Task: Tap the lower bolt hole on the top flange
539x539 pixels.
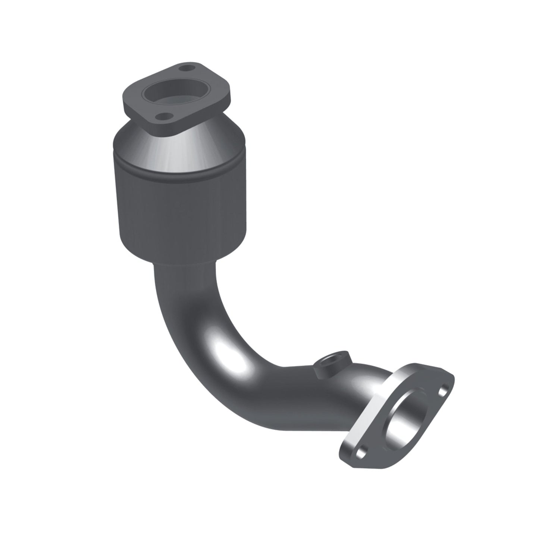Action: pos(162,117)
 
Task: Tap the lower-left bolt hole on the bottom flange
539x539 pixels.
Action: pos(360,452)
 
